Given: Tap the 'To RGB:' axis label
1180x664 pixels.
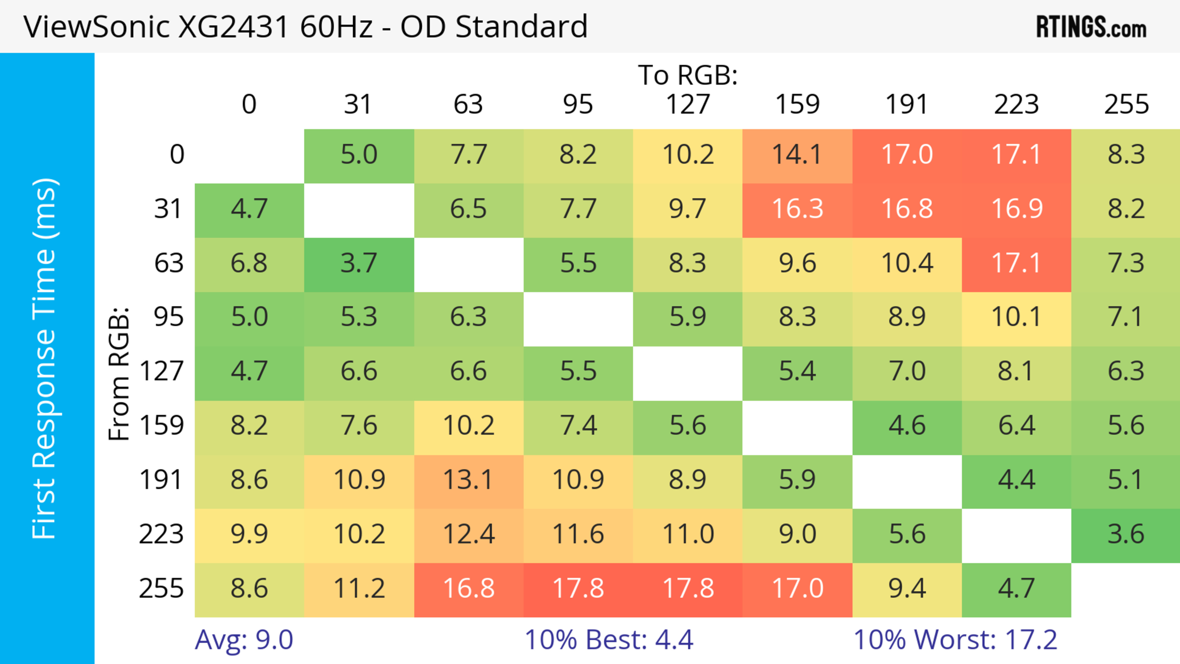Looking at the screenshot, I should pyautogui.click(x=688, y=75).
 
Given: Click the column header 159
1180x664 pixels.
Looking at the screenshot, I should pyautogui.click(x=797, y=104).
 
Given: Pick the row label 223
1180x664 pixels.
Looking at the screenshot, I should pyautogui.click(x=161, y=534).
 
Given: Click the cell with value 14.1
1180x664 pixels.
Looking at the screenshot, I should pyautogui.click(x=797, y=154).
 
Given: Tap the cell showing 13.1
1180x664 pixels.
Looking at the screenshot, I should pyautogui.click(x=468, y=480).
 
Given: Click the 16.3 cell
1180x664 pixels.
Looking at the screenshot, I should pyautogui.click(x=797, y=209).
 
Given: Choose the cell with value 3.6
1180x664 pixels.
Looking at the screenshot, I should pyautogui.click(x=1126, y=534).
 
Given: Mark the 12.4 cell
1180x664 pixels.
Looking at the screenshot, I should pyautogui.click(x=468, y=534).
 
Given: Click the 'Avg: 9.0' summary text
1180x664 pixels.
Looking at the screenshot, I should pyautogui.click(x=244, y=640).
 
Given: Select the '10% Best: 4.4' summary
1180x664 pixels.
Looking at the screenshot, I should pyautogui.click(x=609, y=640).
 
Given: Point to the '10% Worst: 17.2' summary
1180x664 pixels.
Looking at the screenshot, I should pyautogui.click(x=955, y=640).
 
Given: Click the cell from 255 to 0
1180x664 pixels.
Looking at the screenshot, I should pyautogui.click(x=249, y=588).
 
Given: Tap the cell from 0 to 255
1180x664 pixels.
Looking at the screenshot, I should pyautogui.click(x=1126, y=154).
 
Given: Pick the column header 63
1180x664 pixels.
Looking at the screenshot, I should pyautogui.click(x=468, y=104).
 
